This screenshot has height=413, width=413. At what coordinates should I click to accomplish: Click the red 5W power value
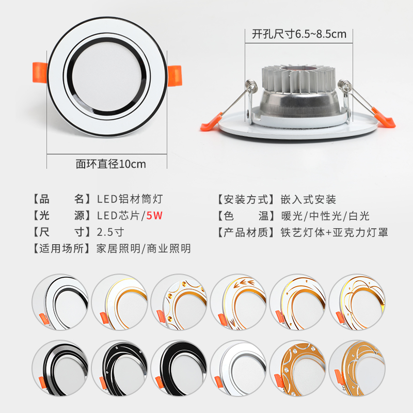pyautogui.click(x=154, y=216)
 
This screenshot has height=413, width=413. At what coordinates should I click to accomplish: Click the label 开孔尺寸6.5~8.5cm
pyautogui.click(x=299, y=35)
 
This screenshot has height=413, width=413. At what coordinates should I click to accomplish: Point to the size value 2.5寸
pyautogui.click(x=110, y=232)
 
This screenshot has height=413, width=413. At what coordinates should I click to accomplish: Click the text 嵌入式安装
pyautogui.click(x=308, y=199)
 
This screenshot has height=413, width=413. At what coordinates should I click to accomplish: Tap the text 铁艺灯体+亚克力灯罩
pyautogui.click(x=334, y=232)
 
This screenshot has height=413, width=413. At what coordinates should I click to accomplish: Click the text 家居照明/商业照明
pyautogui.click(x=144, y=248)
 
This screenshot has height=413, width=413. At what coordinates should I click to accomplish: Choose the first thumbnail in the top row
pyautogui.click(x=60, y=302)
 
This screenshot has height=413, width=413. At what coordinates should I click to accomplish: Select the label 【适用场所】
pyautogui.click(x=62, y=248)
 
